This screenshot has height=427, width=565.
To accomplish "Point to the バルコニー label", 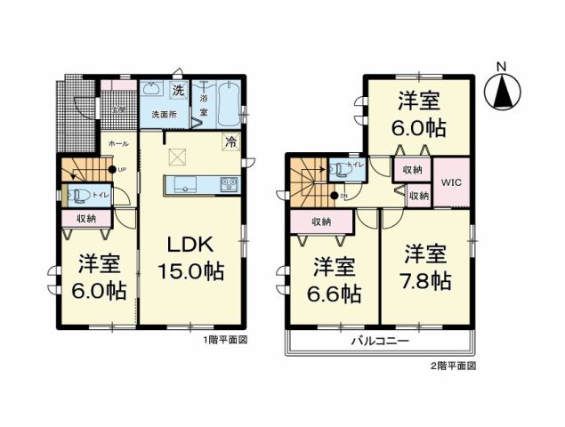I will click(379, 342).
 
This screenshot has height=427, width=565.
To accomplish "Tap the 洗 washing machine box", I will click(177, 90).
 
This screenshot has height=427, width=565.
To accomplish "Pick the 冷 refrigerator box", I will click(230, 141).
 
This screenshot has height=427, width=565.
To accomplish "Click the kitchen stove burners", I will click(229, 185).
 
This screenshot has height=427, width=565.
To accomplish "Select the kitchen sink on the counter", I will click(185, 185).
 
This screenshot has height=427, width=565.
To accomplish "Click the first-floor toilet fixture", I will click(77, 195).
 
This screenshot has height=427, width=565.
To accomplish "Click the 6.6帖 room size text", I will click(335, 292).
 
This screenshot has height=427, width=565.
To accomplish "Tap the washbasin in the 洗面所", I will click(150, 89).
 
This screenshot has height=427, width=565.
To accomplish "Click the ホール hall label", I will click(116, 142).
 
